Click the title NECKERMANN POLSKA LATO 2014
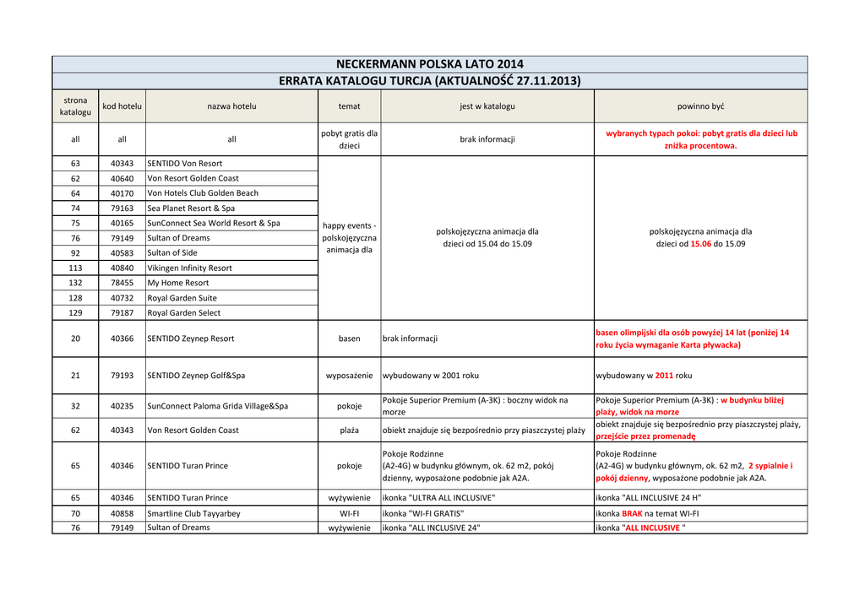point(429,64)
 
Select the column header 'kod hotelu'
point(122,106)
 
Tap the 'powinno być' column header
point(700,106)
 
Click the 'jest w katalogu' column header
point(487,106)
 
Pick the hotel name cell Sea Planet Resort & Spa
point(191,208)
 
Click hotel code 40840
point(122,268)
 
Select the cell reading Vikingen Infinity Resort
point(189,268)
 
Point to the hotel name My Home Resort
point(178,283)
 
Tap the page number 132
point(75,283)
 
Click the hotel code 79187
point(122,312)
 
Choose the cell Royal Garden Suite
point(182,298)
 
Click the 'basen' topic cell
point(349,338)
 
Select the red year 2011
point(664,376)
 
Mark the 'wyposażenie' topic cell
point(349,376)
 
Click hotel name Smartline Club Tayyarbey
point(193,513)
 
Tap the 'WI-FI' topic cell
point(349,513)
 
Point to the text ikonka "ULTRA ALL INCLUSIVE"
point(438,498)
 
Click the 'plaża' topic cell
point(349,431)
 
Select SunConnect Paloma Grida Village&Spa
point(217,406)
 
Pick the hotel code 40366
point(122,338)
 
